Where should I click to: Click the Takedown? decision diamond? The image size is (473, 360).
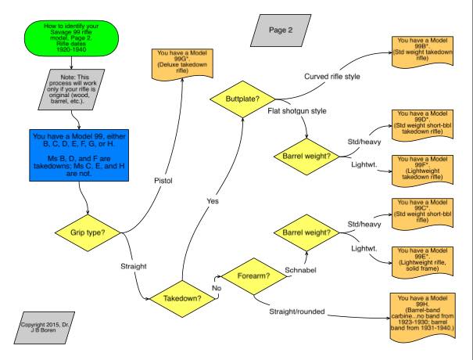[181, 298]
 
